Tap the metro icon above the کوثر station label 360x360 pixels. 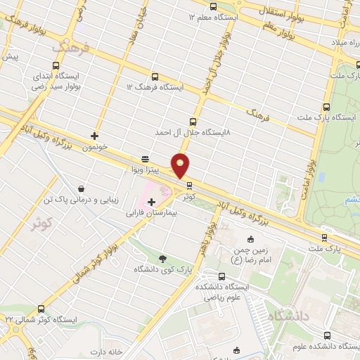point(189,185)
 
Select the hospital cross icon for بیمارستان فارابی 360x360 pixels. point(152,202)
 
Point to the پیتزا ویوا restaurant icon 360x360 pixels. point(145,159)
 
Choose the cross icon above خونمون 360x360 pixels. point(95,136)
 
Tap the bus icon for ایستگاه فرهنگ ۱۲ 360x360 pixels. point(155,77)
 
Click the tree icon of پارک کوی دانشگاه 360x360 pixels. point(163,259)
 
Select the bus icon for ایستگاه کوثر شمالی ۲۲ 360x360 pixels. point(41,309)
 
